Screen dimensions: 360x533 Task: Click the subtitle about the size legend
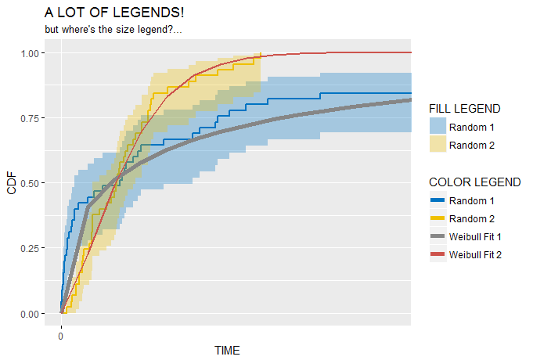[x=113, y=30]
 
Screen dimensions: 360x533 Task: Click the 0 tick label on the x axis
[x=61, y=337]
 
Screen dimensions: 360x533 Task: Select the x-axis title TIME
[x=227, y=350]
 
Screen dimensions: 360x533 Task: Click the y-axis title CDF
[x=12, y=183]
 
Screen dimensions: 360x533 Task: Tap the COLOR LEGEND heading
[x=475, y=182]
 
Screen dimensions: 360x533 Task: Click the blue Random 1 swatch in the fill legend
[x=438, y=126]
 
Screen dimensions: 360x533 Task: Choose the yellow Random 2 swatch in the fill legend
[x=438, y=144]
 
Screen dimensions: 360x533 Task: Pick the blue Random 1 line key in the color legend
[x=438, y=200]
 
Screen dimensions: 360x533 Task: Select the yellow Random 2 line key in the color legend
[x=438, y=218]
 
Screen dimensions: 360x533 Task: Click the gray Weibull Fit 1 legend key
[x=438, y=236]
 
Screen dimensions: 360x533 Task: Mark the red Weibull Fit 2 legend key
[x=438, y=254]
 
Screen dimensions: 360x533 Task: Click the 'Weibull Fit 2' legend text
[x=476, y=254]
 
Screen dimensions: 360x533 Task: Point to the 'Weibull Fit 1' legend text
[x=476, y=236]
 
